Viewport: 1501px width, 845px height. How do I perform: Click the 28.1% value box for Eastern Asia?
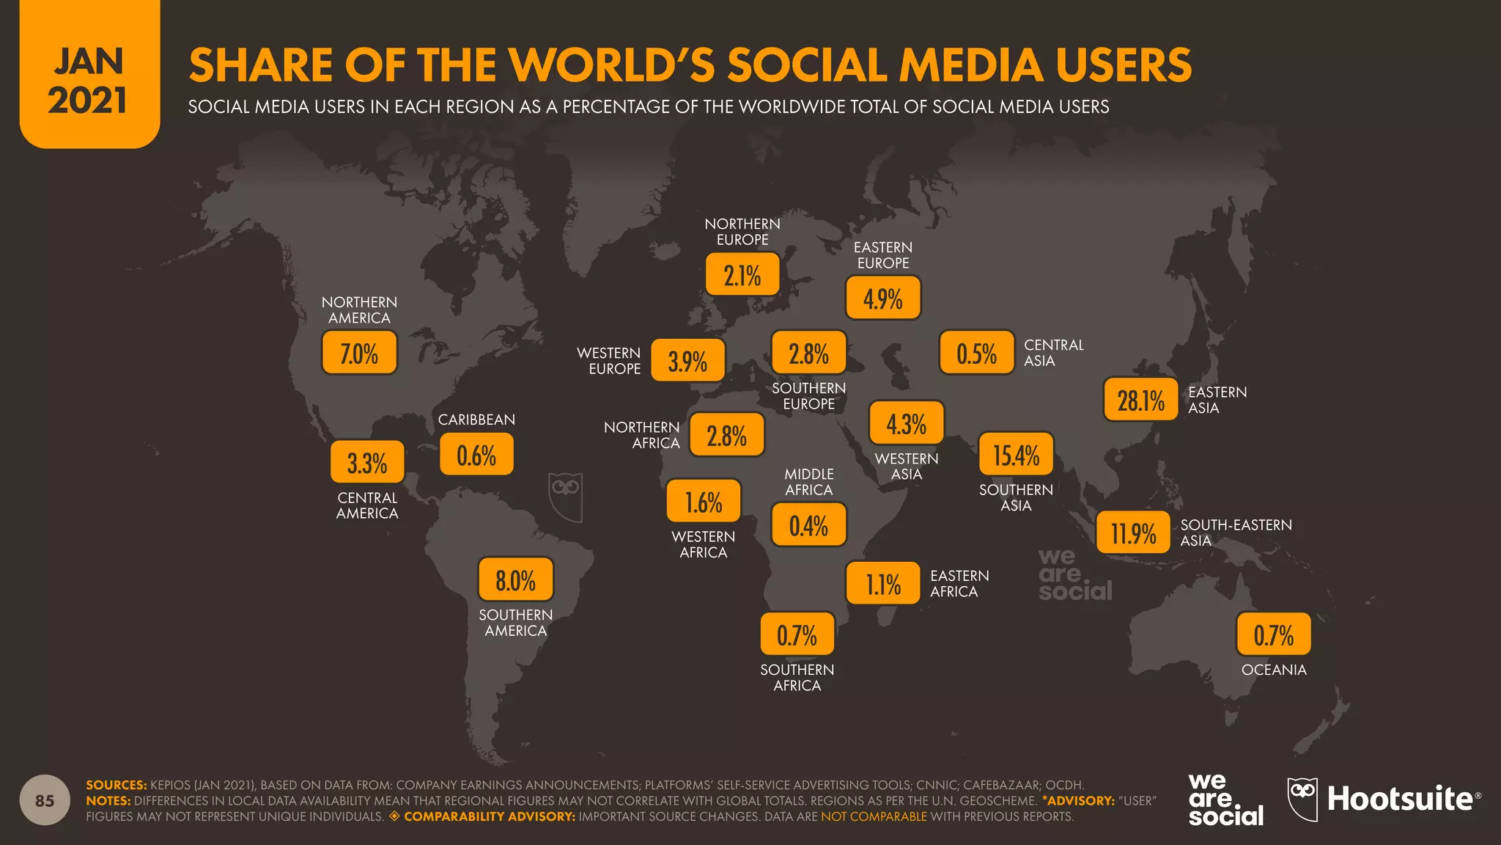tap(1140, 400)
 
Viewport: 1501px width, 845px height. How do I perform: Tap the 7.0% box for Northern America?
tap(359, 353)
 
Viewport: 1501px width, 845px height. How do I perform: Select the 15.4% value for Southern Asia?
tap(1016, 455)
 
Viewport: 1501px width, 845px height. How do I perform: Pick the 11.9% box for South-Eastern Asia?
tap(1133, 533)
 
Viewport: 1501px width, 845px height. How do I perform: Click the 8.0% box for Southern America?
tap(515, 580)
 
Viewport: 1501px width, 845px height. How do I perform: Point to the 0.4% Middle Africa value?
tap(808, 525)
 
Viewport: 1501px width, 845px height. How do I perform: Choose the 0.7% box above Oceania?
tap(1273, 634)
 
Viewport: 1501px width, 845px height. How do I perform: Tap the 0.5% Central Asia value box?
tap(976, 353)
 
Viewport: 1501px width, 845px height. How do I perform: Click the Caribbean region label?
tap(476, 420)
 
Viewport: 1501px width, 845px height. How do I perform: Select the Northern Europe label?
tap(742, 232)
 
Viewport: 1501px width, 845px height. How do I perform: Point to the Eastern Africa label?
tap(959, 584)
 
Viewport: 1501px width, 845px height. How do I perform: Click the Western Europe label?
tap(609, 361)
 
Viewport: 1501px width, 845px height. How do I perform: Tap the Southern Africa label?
tap(797, 678)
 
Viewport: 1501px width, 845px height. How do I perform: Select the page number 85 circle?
tap(45, 800)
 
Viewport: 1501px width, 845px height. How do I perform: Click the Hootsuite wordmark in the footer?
tap(1400, 799)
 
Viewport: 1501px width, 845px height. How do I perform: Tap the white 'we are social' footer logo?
tap(1225, 800)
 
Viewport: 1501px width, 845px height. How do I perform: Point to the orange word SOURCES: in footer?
tap(117, 785)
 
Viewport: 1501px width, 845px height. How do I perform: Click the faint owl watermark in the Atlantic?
tap(565, 497)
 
